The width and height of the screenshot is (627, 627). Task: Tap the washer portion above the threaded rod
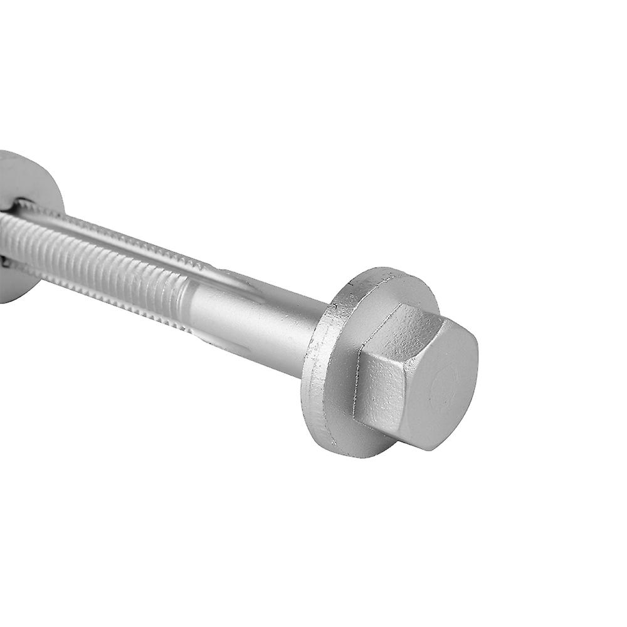click(x=31, y=176)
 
